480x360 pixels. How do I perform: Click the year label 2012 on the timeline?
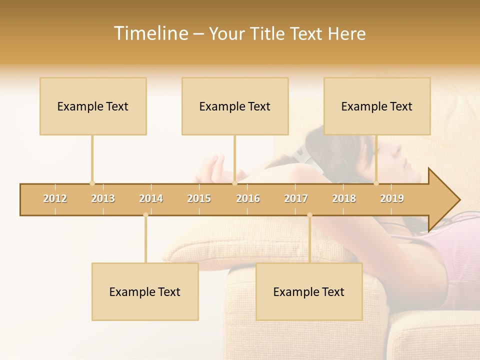point(55,198)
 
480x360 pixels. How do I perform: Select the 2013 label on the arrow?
point(103,198)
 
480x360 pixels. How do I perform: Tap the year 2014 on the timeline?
point(151,198)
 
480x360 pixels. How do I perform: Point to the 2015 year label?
point(199,198)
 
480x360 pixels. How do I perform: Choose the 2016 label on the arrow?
point(248,198)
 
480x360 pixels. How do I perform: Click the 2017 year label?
point(296,198)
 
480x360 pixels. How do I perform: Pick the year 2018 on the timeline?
point(344,198)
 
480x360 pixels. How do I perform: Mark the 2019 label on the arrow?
point(392,198)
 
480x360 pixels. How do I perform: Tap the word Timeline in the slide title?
point(150,33)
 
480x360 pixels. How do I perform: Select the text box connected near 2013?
point(93,106)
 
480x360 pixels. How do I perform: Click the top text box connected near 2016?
point(235,106)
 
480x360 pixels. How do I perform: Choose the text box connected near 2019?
point(377,106)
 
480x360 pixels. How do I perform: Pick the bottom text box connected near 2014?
point(145,291)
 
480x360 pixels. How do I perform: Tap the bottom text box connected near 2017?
point(309,291)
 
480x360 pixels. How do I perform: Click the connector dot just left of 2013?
point(92,183)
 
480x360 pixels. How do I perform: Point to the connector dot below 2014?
point(145,215)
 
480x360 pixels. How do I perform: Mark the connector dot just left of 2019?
point(376,183)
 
